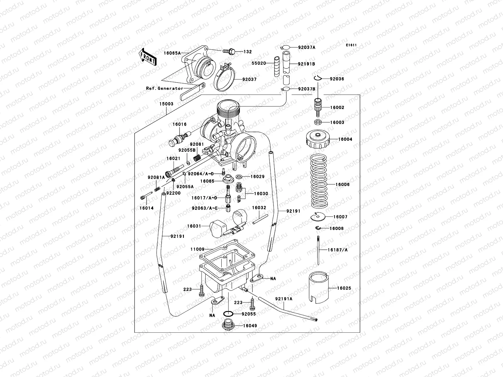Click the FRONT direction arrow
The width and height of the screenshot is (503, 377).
(x=147, y=57)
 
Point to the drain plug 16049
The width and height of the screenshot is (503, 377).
(x=227, y=325)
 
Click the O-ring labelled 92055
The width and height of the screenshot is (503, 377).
(x=229, y=314)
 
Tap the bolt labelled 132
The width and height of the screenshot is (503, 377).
(x=229, y=51)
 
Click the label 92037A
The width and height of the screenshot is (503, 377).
(x=307, y=47)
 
